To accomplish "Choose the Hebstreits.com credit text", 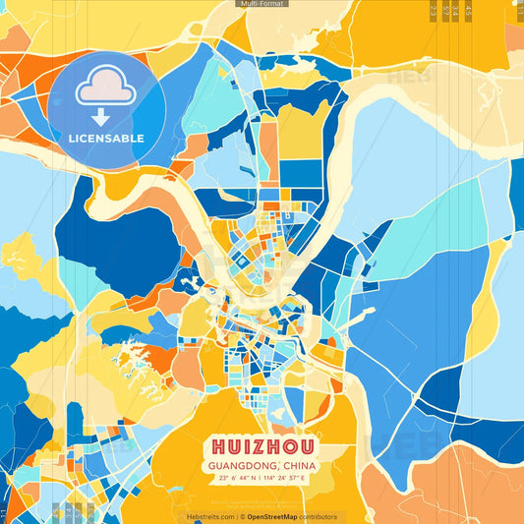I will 209,516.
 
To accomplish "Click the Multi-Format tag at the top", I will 262,4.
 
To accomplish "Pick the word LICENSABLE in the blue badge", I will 106,139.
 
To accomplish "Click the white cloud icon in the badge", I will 106,87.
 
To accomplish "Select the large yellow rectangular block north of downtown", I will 300,131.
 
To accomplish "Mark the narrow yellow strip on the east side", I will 482,315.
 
